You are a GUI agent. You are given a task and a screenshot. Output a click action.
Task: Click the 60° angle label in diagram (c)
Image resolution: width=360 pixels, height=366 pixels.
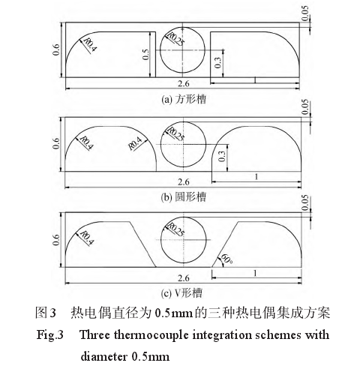pyautogui.click(x=226, y=259)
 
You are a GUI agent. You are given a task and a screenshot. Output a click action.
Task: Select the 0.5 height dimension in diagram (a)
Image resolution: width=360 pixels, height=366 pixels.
pyautogui.click(x=145, y=55)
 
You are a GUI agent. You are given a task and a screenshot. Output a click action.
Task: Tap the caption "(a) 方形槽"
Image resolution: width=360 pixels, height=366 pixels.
pyautogui.click(x=184, y=99)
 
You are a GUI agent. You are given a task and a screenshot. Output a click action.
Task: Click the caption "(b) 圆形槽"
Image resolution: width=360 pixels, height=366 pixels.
pyautogui.click(x=184, y=197)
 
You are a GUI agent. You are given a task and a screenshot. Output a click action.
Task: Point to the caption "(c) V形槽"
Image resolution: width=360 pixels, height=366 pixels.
pyautogui.click(x=181, y=293)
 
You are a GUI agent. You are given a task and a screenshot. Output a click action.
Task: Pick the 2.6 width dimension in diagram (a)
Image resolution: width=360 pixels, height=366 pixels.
pyautogui.click(x=184, y=83)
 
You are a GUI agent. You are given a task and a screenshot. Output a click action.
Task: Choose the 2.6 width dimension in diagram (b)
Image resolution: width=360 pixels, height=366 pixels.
pyautogui.click(x=184, y=182)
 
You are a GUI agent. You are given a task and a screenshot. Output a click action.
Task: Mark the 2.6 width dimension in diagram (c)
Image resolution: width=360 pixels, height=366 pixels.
pyautogui.click(x=184, y=278)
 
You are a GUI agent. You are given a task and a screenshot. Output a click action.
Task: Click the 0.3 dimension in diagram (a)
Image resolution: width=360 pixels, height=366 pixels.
pyautogui.click(x=217, y=62)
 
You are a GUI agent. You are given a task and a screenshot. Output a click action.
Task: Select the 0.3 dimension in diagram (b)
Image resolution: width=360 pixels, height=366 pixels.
pyautogui.click(x=222, y=157)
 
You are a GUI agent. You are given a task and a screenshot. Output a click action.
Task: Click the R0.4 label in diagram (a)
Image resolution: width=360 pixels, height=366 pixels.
pyautogui.click(x=89, y=45)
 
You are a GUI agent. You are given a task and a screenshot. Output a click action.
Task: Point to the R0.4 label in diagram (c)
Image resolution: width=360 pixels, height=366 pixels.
pyautogui.click(x=87, y=238)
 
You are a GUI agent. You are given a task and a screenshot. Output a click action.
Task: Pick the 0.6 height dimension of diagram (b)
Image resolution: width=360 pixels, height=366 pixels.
pyautogui.click(x=56, y=143)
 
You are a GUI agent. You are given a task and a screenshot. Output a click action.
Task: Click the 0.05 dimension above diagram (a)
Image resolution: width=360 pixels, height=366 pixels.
pyautogui.click(x=305, y=13)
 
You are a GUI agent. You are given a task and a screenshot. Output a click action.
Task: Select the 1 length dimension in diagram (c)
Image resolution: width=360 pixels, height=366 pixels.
pyautogui.click(x=255, y=273)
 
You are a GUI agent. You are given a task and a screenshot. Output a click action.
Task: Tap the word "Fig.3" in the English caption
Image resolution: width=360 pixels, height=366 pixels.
pyautogui.click(x=50, y=335)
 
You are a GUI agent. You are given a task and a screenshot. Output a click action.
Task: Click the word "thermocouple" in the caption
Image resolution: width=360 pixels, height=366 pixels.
pyautogui.click(x=151, y=335)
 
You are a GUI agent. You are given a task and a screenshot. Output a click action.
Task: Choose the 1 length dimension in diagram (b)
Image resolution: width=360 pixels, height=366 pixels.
pyautogui.click(x=256, y=177)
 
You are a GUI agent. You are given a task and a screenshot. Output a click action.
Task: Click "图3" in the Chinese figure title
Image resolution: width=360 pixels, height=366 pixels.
pyautogui.click(x=46, y=313)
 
